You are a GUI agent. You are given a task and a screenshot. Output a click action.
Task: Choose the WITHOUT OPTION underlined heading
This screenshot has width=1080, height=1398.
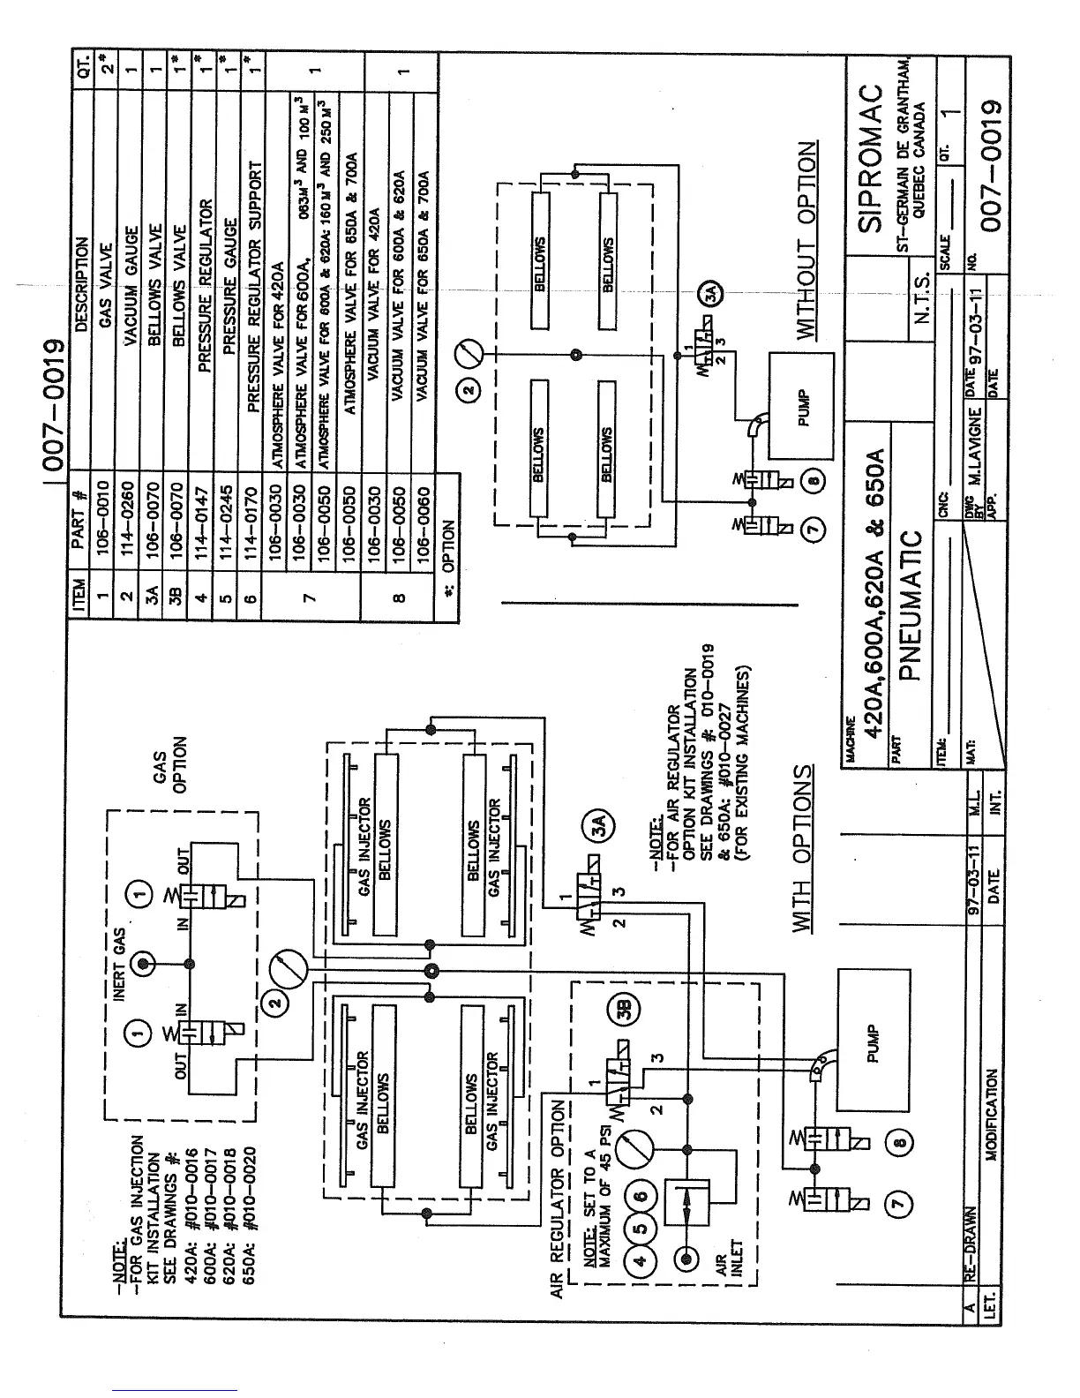pos(806,241)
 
